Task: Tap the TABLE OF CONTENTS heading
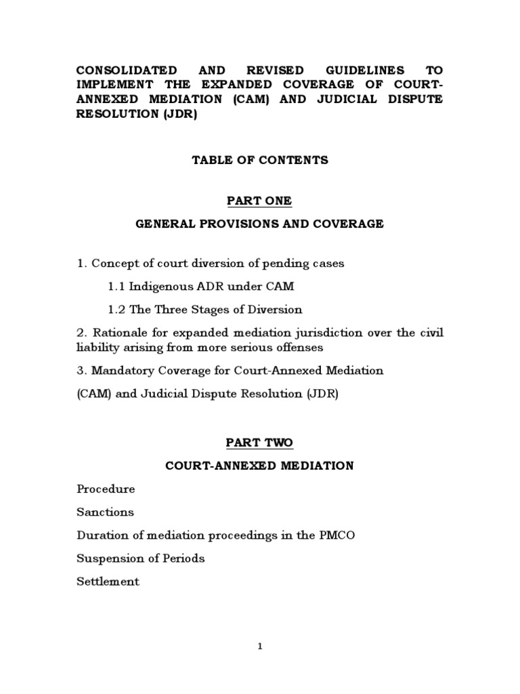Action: [260, 161]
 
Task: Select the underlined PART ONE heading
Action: [260, 201]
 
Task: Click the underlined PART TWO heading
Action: [260, 443]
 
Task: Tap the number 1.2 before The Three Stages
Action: [116, 310]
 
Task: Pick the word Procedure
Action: [106, 489]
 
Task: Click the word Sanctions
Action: [105, 512]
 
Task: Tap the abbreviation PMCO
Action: [336, 535]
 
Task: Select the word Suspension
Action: [112, 558]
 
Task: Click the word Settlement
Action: [108, 581]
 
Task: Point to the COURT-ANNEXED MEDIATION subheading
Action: [260, 466]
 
